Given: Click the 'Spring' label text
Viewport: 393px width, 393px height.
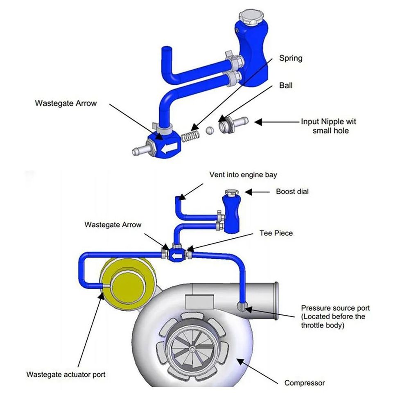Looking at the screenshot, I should pyautogui.click(x=291, y=58).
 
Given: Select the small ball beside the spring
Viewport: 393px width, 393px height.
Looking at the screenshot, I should pyautogui.click(x=209, y=130).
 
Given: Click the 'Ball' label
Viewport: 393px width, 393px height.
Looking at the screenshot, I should pyautogui.click(x=286, y=86).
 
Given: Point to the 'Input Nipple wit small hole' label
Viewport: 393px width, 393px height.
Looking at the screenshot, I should pyautogui.click(x=328, y=126).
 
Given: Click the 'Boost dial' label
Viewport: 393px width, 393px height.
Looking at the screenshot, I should pyautogui.click(x=292, y=191).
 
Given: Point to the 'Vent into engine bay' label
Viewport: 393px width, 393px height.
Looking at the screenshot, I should pyautogui.click(x=243, y=175).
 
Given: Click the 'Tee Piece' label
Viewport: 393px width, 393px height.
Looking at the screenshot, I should pyautogui.click(x=276, y=233).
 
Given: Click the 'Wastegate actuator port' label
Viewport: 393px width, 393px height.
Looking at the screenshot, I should pyautogui.click(x=66, y=374).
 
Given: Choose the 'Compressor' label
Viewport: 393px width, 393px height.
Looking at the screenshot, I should pyautogui.click(x=305, y=383).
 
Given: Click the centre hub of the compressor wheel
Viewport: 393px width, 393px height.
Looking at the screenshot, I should pyautogui.click(x=192, y=348).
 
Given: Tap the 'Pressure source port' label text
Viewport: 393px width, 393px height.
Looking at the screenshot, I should pyautogui.click(x=335, y=308).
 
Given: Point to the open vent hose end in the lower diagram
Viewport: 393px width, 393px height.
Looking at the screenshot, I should pyautogui.click(x=178, y=199).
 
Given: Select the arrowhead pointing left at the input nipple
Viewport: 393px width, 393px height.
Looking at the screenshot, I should pyautogui.click(x=258, y=122).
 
